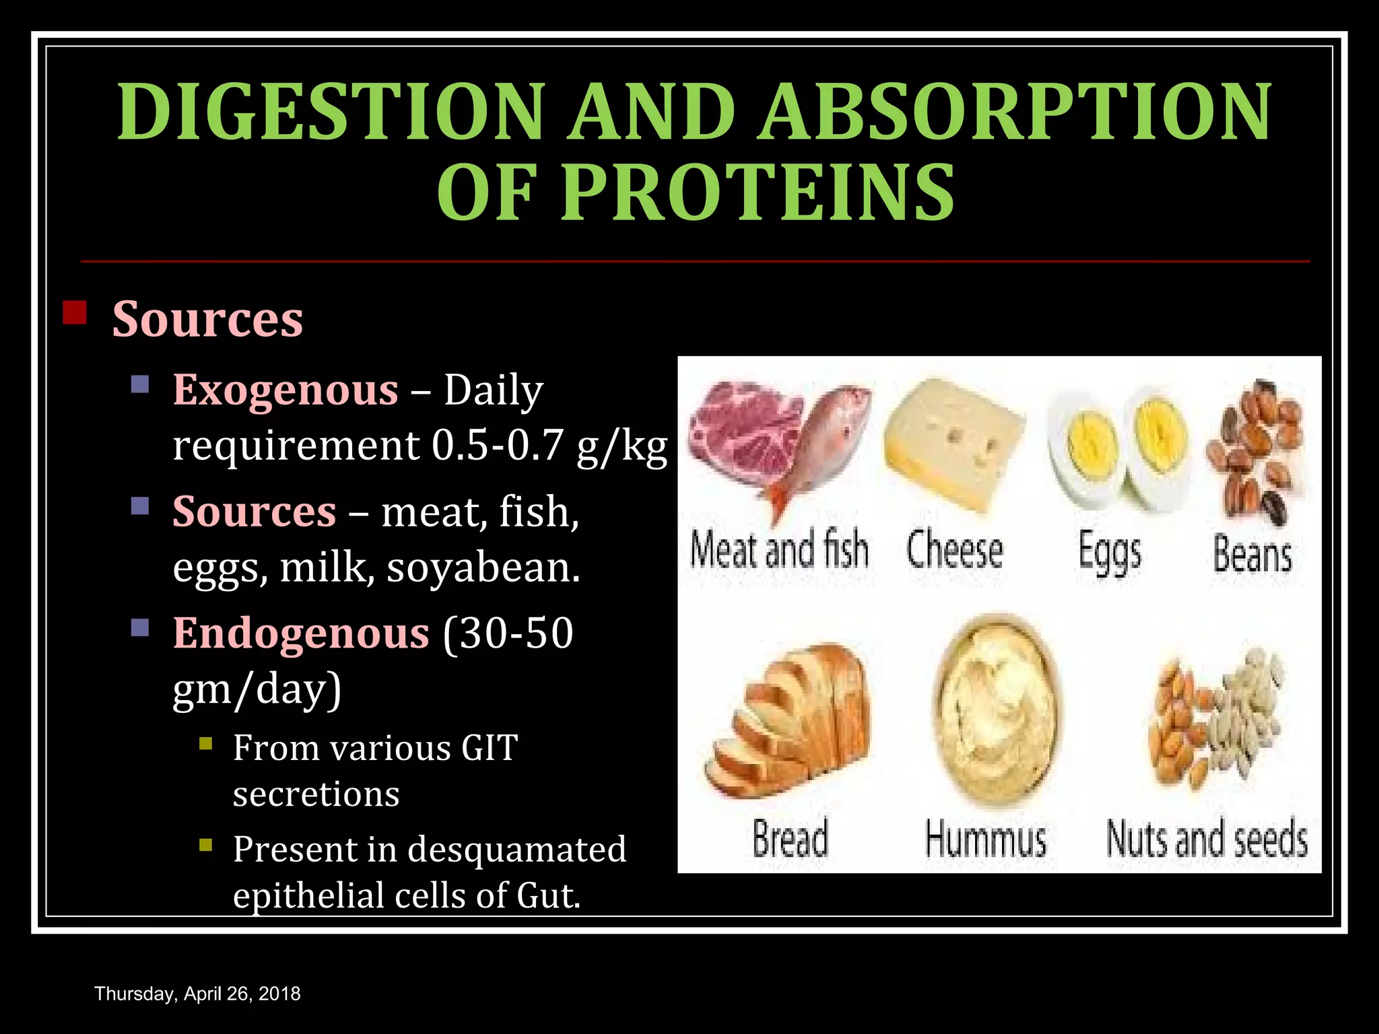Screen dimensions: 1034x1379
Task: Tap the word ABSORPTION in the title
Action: point(1015,112)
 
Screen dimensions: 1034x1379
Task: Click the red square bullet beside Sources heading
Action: point(74,313)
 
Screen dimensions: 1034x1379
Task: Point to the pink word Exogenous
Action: point(285,390)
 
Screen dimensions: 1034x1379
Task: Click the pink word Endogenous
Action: point(301,633)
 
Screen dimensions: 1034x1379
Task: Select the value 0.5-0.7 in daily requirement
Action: point(496,445)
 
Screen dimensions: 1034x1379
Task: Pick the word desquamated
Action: point(516,849)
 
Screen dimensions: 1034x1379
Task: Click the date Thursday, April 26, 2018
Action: point(197,994)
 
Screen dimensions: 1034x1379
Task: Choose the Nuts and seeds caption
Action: point(1207,839)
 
